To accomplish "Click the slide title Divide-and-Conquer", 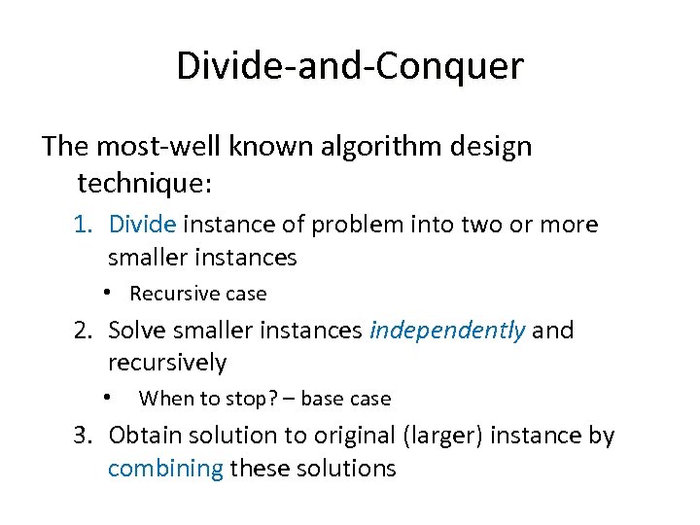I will [350, 66].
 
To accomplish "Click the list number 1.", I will [83, 225].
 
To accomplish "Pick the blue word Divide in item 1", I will [142, 225].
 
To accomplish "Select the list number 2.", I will [84, 331].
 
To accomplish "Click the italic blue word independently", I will [448, 331].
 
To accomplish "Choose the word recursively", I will [167, 364].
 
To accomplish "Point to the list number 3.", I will [84, 436].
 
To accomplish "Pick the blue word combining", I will [165, 469].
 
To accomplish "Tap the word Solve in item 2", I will [136, 331].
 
